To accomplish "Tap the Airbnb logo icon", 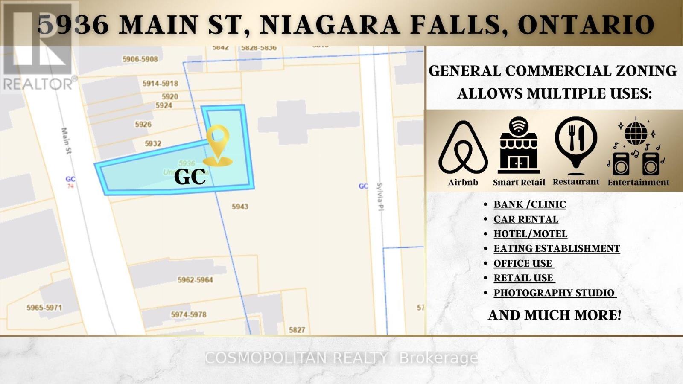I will tap(463, 148).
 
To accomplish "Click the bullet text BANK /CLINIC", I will tap(530, 204).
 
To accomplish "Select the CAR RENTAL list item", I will tap(526, 219).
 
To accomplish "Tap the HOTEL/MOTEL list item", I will tap(530, 234).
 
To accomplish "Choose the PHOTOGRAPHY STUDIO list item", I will tap(554, 293).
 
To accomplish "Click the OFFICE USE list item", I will tap(523, 263).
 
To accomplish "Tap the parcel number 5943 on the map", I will tap(240, 207).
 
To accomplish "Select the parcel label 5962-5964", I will tap(195, 280).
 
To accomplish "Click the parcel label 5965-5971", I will tap(44, 307).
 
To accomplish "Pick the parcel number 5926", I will tap(143, 125).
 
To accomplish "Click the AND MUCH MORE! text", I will tap(555, 315).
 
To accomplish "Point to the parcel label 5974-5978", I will tap(189, 314).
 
